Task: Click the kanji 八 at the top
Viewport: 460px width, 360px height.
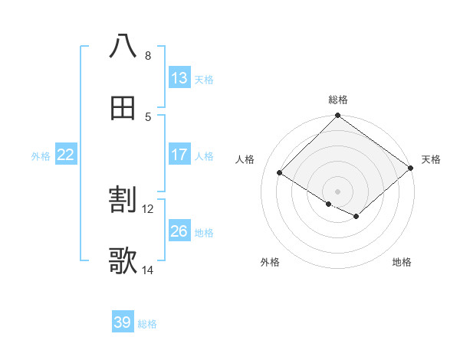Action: (x=123, y=46)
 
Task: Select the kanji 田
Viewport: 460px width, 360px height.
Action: (x=123, y=107)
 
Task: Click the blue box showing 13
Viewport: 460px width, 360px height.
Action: (x=179, y=78)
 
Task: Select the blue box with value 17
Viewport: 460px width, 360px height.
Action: (x=179, y=155)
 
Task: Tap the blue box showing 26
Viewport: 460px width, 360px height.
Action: (x=179, y=231)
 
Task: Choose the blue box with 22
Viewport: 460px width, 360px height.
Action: (x=66, y=155)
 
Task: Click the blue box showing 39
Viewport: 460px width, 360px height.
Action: (x=123, y=322)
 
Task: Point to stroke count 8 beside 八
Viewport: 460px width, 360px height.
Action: (x=148, y=55)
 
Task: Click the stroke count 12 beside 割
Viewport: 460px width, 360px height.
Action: (x=148, y=208)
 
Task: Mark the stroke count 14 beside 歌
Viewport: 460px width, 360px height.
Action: (x=148, y=270)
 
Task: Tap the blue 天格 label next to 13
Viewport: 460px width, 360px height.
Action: (x=204, y=79)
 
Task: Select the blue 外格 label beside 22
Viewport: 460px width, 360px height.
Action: (x=41, y=155)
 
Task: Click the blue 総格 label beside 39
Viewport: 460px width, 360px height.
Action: (x=147, y=323)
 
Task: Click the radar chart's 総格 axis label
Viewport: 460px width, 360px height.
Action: (x=338, y=100)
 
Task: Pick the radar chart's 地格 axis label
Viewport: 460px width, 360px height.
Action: (x=402, y=262)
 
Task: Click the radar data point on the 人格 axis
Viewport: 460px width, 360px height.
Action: (x=280, y=173)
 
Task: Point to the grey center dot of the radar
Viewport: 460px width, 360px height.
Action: (x=338, y=191)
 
